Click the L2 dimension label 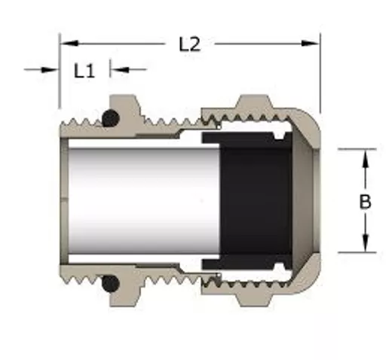point(190,44)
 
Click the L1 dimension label point(84,71)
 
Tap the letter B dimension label point(365,202)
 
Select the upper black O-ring point(111,118)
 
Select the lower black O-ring point(111,283)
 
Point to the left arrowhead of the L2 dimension point(69,44)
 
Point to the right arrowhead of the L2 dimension point(310,44)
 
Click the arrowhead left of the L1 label point(50,69)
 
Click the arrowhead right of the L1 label point(120,69)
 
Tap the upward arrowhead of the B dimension point(366,159)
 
